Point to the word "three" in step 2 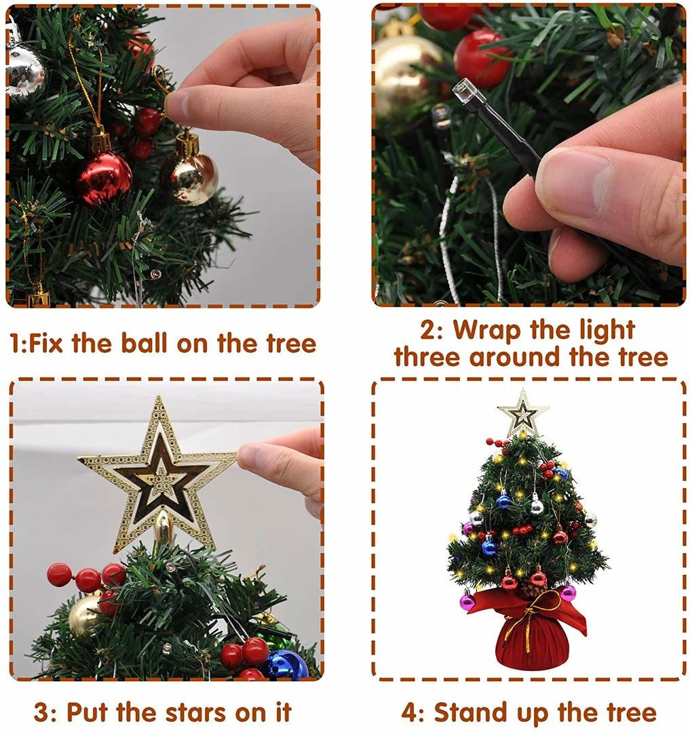point(427,357)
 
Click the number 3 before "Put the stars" point(42,713)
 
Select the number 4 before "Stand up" point(410,713)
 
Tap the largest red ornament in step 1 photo point(104,178)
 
